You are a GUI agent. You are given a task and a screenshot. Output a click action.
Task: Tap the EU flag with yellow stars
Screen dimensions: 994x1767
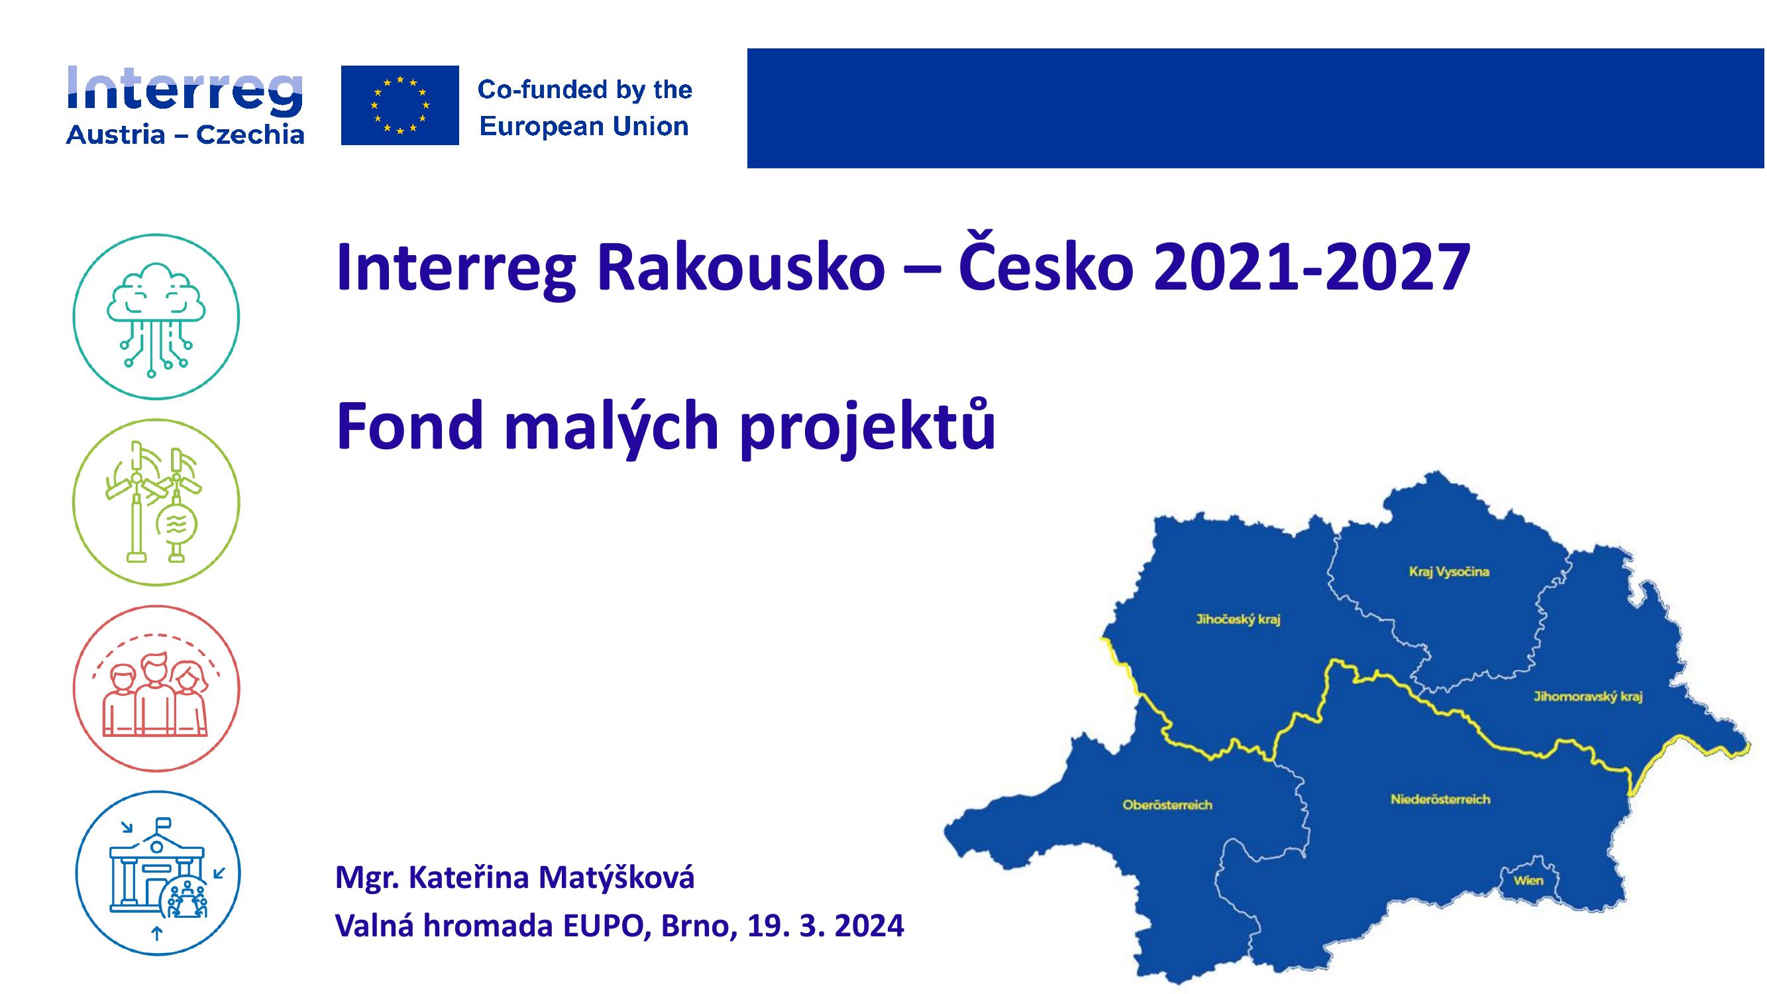pyautogui.click(x=400, y=105)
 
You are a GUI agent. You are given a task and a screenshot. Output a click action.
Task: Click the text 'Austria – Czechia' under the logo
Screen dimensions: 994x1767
pyautogui.click(x=186, y=135)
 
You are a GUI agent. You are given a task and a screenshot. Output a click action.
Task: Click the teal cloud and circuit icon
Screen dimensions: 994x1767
pyautogui.click(x=156, y=317)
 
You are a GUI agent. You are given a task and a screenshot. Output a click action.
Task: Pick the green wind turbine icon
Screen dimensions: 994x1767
pyautogui.click(x=156, y=502)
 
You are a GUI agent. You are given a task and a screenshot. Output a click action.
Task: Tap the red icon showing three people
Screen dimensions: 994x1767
pyautogui.click(x=156, y=688)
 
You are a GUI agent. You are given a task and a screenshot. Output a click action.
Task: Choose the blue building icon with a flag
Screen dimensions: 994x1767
pyautogui.click(x=157, y=873)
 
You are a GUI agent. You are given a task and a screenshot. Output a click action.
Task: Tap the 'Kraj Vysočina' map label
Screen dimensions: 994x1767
pyautogui.click(x=1449, y=571)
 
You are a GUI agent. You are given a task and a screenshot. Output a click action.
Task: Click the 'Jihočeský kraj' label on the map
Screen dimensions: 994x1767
pyautogui.click(x=1238, y=620)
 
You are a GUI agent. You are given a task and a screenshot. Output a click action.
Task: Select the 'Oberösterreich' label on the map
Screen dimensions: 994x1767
pyautogui.click(x=1167, y=804)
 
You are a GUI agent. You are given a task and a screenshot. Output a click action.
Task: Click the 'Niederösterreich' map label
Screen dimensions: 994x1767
pyautogui.click(x=1440, y=799)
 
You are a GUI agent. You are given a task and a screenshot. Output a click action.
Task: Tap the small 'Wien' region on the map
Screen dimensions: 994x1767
pyautogui.click(x=1528, y=881)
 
